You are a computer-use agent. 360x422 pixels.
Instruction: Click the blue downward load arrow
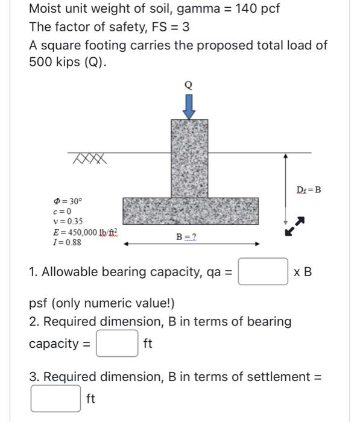pos(189,107)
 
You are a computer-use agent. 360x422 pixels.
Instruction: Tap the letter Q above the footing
pos(189,86)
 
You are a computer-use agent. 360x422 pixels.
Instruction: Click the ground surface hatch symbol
pos(89,159)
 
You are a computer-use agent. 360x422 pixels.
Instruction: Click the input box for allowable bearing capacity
pos(262,271)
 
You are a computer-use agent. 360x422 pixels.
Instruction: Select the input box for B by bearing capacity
pos(118,344)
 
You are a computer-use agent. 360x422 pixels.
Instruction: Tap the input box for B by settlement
pos(55,398)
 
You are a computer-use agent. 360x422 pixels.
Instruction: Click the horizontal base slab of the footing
pos(191,211)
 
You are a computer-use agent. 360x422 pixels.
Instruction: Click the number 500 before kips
pos(43,62)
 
